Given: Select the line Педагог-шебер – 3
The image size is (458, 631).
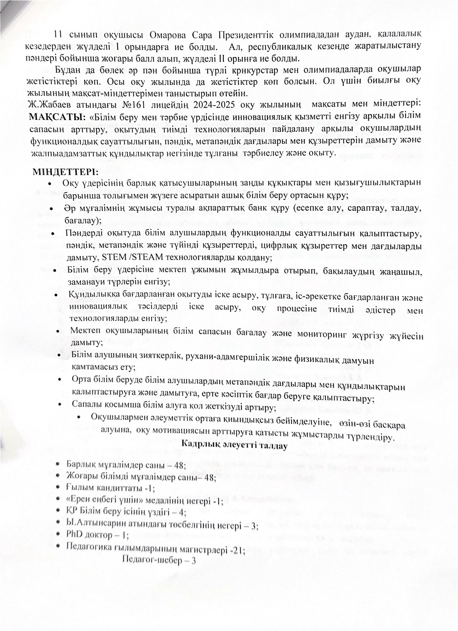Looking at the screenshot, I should [159, 560].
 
